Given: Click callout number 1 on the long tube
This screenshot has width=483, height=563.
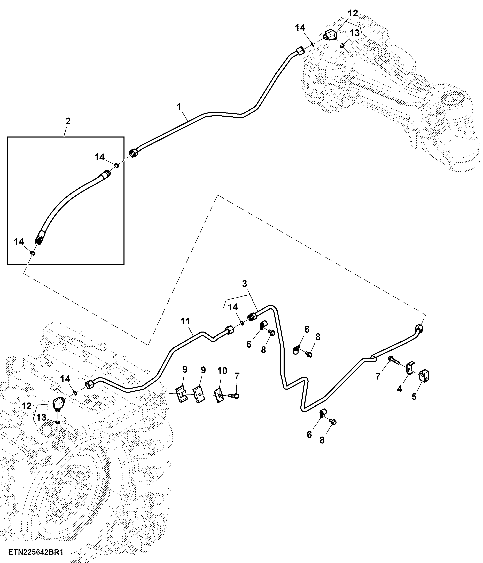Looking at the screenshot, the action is pyautogui.click(x=179, y=107).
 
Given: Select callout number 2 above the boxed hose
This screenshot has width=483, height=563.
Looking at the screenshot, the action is pyautogui.click(x=68, y=121).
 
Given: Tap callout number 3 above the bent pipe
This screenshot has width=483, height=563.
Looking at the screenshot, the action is pyautogui.click(x=245, y=284).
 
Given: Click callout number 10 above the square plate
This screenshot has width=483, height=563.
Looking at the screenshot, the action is pyautogui.click(x=222, y=371).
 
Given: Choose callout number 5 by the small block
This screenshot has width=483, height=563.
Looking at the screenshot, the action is pyautogui.click(x=414, y=396).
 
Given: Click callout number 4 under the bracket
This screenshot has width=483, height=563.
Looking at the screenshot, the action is pyautogui.click(x=399, y=389).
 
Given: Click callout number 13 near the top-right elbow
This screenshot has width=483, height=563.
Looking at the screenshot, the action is pyautogui.click(x=355, y=33).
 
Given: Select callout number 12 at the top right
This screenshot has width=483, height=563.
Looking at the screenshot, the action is pyautogui.click(x=353, y=13).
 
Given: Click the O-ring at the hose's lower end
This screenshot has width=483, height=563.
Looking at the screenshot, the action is pyautogui.click(x=33, y=253).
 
